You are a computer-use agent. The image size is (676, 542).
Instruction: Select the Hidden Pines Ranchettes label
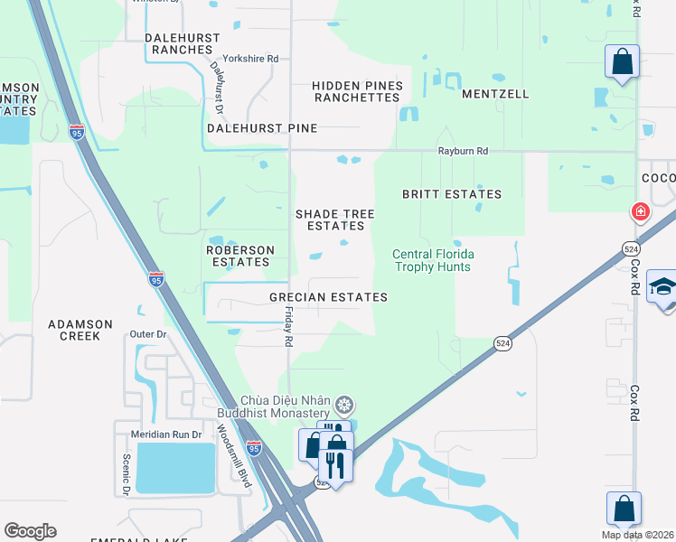tap(356, 91)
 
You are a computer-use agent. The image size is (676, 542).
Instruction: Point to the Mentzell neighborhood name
tap(495, 94)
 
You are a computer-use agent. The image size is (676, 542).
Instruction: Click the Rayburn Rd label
tap(463, 152)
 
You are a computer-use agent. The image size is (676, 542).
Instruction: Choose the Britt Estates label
tap(451, 194)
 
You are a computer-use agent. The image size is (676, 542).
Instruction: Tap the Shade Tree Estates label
tap(334, 220)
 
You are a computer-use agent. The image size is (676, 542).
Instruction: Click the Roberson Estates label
tap(239, 256)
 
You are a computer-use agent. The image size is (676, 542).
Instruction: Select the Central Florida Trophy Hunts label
tap(433, 260)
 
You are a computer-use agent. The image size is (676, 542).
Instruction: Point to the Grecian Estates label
tap(328, 297)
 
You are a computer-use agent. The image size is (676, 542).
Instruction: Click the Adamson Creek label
tap(81, 330)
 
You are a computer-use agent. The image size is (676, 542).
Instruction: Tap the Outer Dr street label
tap(149, 334)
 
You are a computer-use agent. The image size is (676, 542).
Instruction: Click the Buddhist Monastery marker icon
tap(343, 404)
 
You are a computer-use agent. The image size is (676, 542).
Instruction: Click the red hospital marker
tap(640, 212)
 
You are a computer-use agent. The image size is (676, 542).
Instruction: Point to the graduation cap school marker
tap(662, 289)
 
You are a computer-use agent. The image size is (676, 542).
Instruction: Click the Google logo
tap(30, 531)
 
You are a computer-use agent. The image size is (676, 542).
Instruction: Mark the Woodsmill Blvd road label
tap(231, 455)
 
